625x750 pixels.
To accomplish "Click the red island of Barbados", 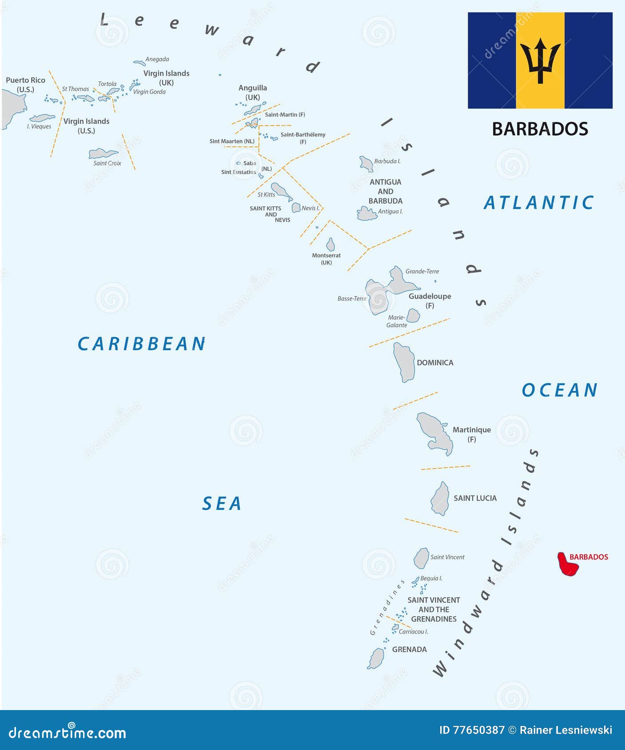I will [567, 565].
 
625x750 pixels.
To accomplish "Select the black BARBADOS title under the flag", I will [540, 129].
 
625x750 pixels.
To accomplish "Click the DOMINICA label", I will [435, 363].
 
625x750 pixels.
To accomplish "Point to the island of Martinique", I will [436, 433].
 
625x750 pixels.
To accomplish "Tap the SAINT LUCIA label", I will [475, 498].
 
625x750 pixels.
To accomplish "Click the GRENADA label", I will [409, 649].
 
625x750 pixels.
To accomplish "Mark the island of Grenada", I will [376, 659].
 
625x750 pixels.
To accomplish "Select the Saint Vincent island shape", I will [421, 558].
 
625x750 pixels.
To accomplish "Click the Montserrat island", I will [330, 245].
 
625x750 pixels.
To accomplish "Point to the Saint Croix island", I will [103, 154].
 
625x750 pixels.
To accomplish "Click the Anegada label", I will [157, 59].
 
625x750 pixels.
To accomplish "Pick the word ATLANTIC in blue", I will [538, 203].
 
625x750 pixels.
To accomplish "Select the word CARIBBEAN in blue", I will [142, 344].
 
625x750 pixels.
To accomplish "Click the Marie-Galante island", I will [413, 316].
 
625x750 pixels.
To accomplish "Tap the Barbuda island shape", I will [366, 164].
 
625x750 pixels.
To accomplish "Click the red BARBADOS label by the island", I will [589, 557].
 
